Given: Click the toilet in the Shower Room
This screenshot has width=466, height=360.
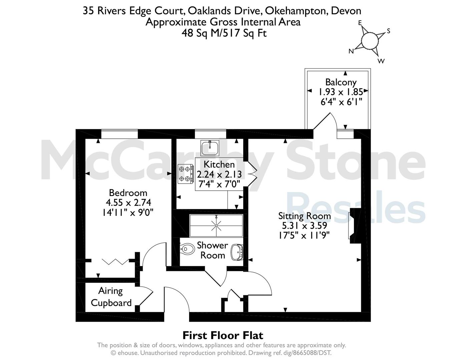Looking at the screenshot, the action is (x=187, y=249).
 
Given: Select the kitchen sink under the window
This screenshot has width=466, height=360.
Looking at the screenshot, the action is (x=210, y=148).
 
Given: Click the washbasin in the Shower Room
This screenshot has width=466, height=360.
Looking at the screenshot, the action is (x=237, y=252).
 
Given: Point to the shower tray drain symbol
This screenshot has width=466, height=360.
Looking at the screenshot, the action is (x=216, y=225).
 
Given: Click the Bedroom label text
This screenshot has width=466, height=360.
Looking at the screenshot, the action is (x=128, y=193).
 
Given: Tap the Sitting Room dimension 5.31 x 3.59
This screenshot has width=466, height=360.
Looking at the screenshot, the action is (x=305, y=226).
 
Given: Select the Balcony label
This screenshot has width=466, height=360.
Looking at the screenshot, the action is (x=341, y=82).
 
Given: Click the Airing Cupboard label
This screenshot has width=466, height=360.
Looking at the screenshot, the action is (x=111, y=297).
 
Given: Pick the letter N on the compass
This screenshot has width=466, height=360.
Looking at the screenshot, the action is (x=351, y=51).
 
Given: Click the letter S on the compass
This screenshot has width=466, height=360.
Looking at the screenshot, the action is (x=388, y=31).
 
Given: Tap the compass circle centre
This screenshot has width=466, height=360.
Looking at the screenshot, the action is (x=370, y=41).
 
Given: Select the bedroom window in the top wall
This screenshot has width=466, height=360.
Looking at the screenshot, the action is (x=119, y=134).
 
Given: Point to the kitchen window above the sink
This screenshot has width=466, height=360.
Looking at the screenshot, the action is (x=210, y=134).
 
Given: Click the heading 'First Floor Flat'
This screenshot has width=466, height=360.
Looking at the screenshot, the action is (x=223, y=336).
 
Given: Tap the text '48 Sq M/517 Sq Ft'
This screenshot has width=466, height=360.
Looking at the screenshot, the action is (x=224, y=33).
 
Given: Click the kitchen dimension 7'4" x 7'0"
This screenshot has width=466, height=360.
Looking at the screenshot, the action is (x=219, y=184).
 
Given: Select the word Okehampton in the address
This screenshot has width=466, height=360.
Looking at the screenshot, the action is (x=295, y=11).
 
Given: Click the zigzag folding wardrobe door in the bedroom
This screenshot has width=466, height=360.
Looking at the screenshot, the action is (x=115, y=262).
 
